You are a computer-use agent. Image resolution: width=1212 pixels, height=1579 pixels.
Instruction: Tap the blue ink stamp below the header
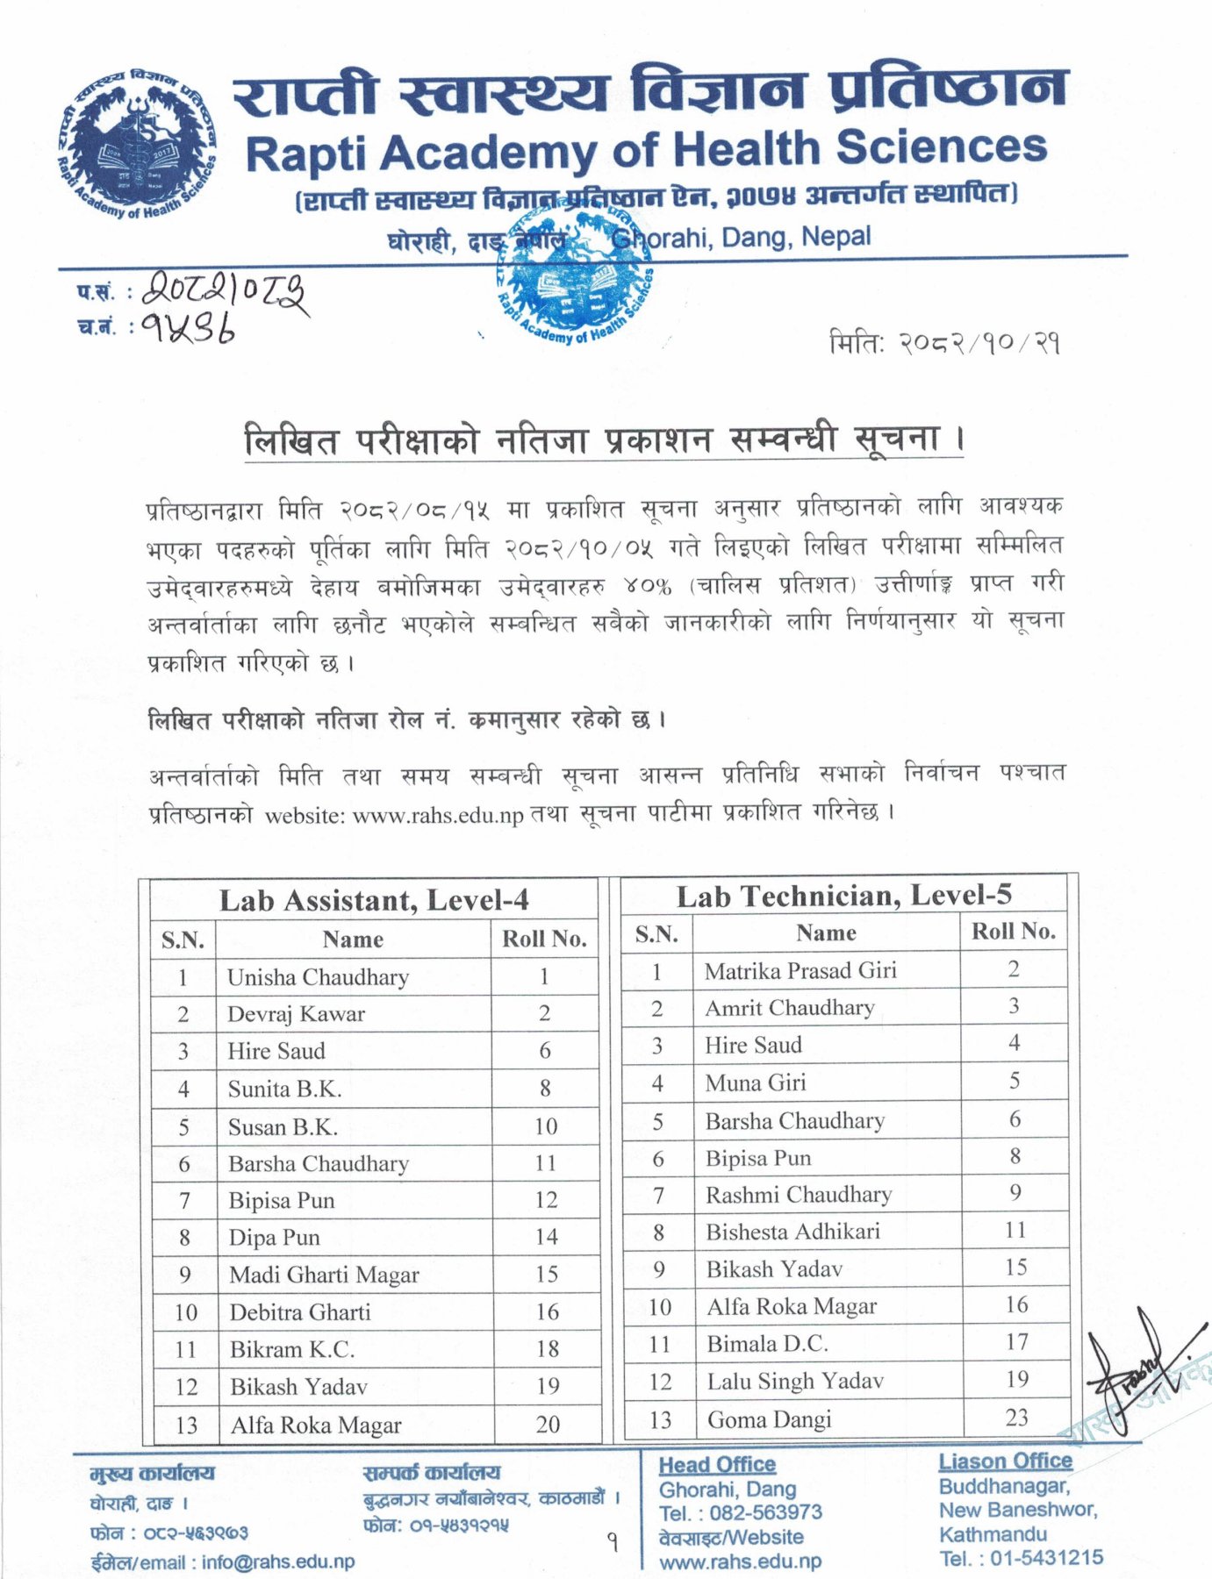coord(573,280)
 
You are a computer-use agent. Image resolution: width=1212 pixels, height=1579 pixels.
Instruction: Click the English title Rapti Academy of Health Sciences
coord(646,150)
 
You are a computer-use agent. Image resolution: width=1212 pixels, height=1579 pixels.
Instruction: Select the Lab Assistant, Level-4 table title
coord(374,900)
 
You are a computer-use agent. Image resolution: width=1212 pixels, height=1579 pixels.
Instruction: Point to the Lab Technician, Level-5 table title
coord(843,895)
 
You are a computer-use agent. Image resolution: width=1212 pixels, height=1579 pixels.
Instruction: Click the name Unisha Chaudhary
coord(318,977)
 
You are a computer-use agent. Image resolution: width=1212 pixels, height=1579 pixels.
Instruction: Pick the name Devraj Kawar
coord(296,1014)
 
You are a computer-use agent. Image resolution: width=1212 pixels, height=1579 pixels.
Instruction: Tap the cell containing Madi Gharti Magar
coord(324,1275)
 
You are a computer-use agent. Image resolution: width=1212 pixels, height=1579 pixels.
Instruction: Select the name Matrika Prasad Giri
coord(800,970)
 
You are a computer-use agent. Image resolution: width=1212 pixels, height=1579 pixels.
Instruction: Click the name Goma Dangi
coord(769,1419)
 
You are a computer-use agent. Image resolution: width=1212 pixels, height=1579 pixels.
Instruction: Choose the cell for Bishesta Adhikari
coord(792,1232)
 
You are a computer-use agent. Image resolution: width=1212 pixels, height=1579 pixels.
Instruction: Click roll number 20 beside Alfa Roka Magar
coord(548,1425)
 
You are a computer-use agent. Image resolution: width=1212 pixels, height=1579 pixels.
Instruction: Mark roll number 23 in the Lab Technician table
coord(1016,1418)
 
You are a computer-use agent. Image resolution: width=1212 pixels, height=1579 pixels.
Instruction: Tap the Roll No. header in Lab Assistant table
coord(544,940)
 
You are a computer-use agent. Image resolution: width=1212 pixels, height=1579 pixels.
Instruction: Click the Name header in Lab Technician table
coord(826,933)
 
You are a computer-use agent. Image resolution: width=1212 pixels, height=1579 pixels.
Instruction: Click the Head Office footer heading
coord(717,1465)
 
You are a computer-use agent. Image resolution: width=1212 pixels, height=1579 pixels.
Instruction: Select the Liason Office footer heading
coord(1005,1461)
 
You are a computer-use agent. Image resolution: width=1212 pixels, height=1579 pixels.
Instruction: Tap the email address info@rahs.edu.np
coord(278,1562)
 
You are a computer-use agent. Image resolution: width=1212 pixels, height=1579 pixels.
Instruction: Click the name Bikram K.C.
coord(292,1349)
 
